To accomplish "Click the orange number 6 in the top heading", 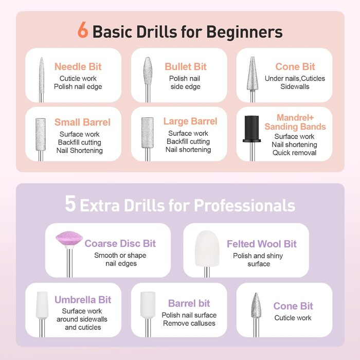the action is coord(83,30).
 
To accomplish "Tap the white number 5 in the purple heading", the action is coord(70,203).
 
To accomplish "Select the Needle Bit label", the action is coord(78,66).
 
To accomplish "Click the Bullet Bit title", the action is coord(186,66).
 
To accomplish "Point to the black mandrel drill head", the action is coord(251,129).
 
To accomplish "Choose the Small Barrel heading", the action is coord(82,122).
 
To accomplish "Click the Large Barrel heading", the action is coord(190,121).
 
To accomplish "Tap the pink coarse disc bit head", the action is coord(69,240).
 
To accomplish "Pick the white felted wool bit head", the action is coord(207,248).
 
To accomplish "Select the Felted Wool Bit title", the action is coord(261,244).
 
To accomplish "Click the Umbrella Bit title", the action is coord(83,300).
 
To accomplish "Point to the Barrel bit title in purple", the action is coord(189,303).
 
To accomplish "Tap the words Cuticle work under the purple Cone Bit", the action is coord(293,318).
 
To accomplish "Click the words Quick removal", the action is coord(294,153).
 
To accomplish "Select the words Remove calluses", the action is coord(189,323).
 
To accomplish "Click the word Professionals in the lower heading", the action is coord(244,205).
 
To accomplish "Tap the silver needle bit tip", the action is coord(41,58).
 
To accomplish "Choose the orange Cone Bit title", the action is coord(295,66).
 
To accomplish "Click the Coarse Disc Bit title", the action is coord(120,243).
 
